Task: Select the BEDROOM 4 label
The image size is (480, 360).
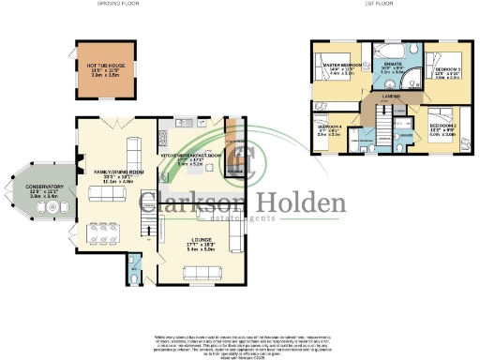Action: click(x=328, y=126)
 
